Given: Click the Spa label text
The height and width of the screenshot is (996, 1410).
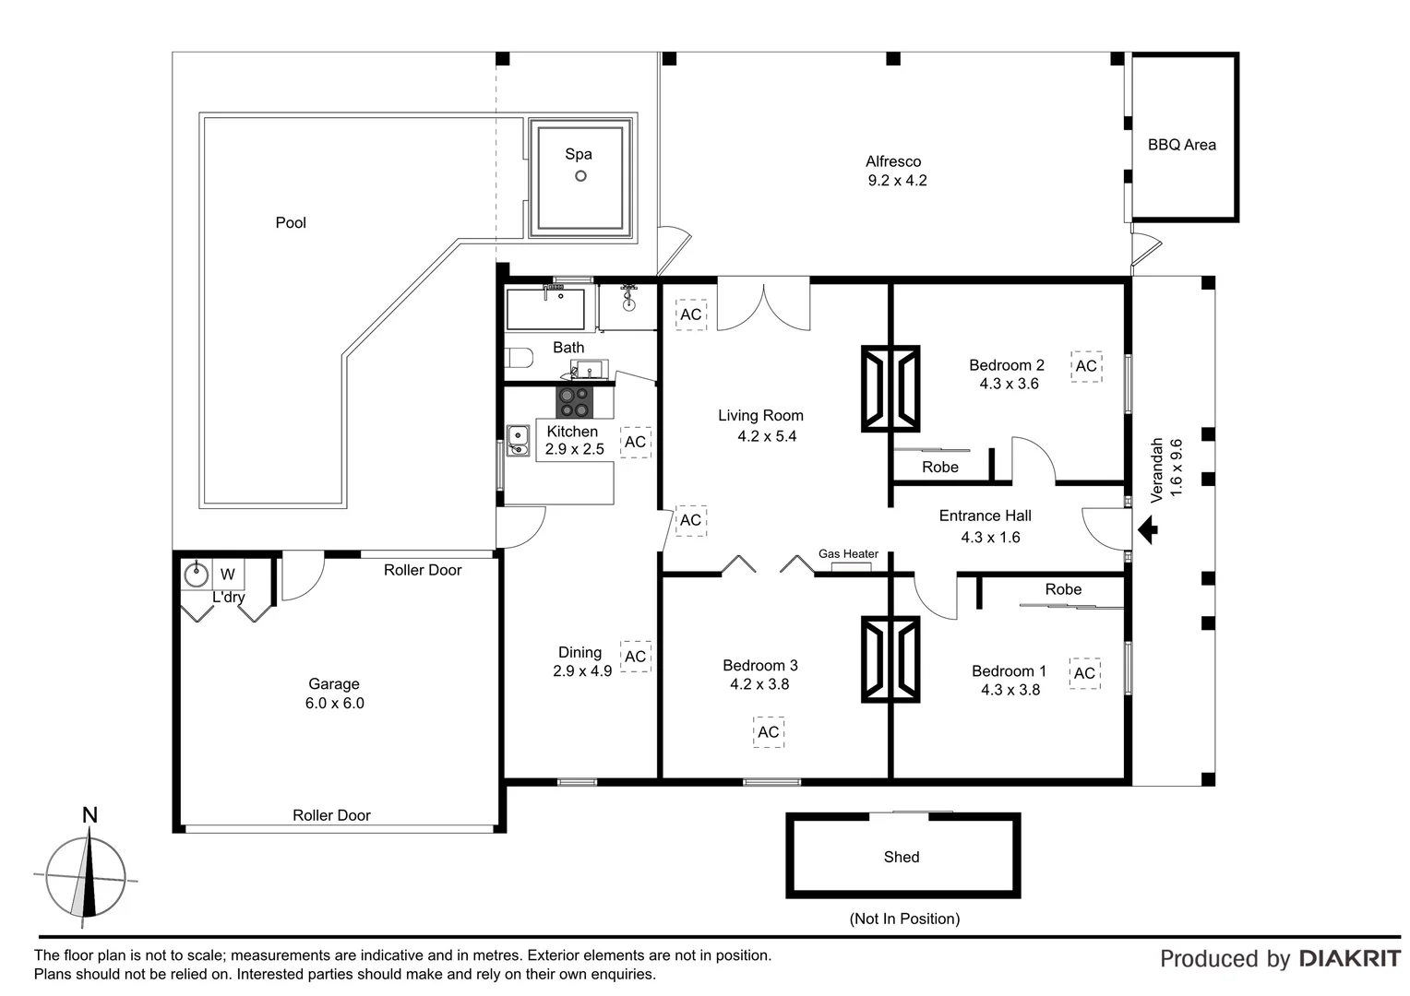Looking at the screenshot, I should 579,154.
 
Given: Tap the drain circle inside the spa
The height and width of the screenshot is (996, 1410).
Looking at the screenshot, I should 580,176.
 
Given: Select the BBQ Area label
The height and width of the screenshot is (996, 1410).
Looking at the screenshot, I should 1181,145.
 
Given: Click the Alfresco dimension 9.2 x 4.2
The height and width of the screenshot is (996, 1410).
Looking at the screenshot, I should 897,181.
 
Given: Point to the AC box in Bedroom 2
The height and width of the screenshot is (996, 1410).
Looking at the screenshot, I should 1086,366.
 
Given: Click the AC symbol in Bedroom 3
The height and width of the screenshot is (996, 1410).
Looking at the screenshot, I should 768,732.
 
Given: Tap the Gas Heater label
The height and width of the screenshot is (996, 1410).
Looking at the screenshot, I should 848,554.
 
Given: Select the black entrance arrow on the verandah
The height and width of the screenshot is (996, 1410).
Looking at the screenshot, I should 1148,529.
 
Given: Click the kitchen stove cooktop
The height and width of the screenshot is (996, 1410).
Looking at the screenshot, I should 572,402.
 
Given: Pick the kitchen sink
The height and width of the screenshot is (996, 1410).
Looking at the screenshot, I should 518,440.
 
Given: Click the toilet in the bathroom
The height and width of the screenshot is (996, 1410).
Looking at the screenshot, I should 519,357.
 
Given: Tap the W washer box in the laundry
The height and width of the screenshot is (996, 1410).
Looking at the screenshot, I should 227,575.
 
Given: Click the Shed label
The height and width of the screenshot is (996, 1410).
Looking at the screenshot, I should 901,857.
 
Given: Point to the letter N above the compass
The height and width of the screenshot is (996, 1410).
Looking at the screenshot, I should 90,815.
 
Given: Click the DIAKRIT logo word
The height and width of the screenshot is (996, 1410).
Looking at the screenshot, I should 1349,959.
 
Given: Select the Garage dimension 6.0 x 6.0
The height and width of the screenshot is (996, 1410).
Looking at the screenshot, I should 334,703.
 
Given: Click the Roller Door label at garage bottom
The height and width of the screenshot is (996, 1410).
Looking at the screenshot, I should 331,815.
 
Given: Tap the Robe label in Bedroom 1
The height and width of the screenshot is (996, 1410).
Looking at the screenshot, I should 1063,589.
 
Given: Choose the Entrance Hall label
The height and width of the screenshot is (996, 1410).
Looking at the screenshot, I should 985,516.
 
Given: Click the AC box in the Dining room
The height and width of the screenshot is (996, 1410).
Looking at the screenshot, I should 635,657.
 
